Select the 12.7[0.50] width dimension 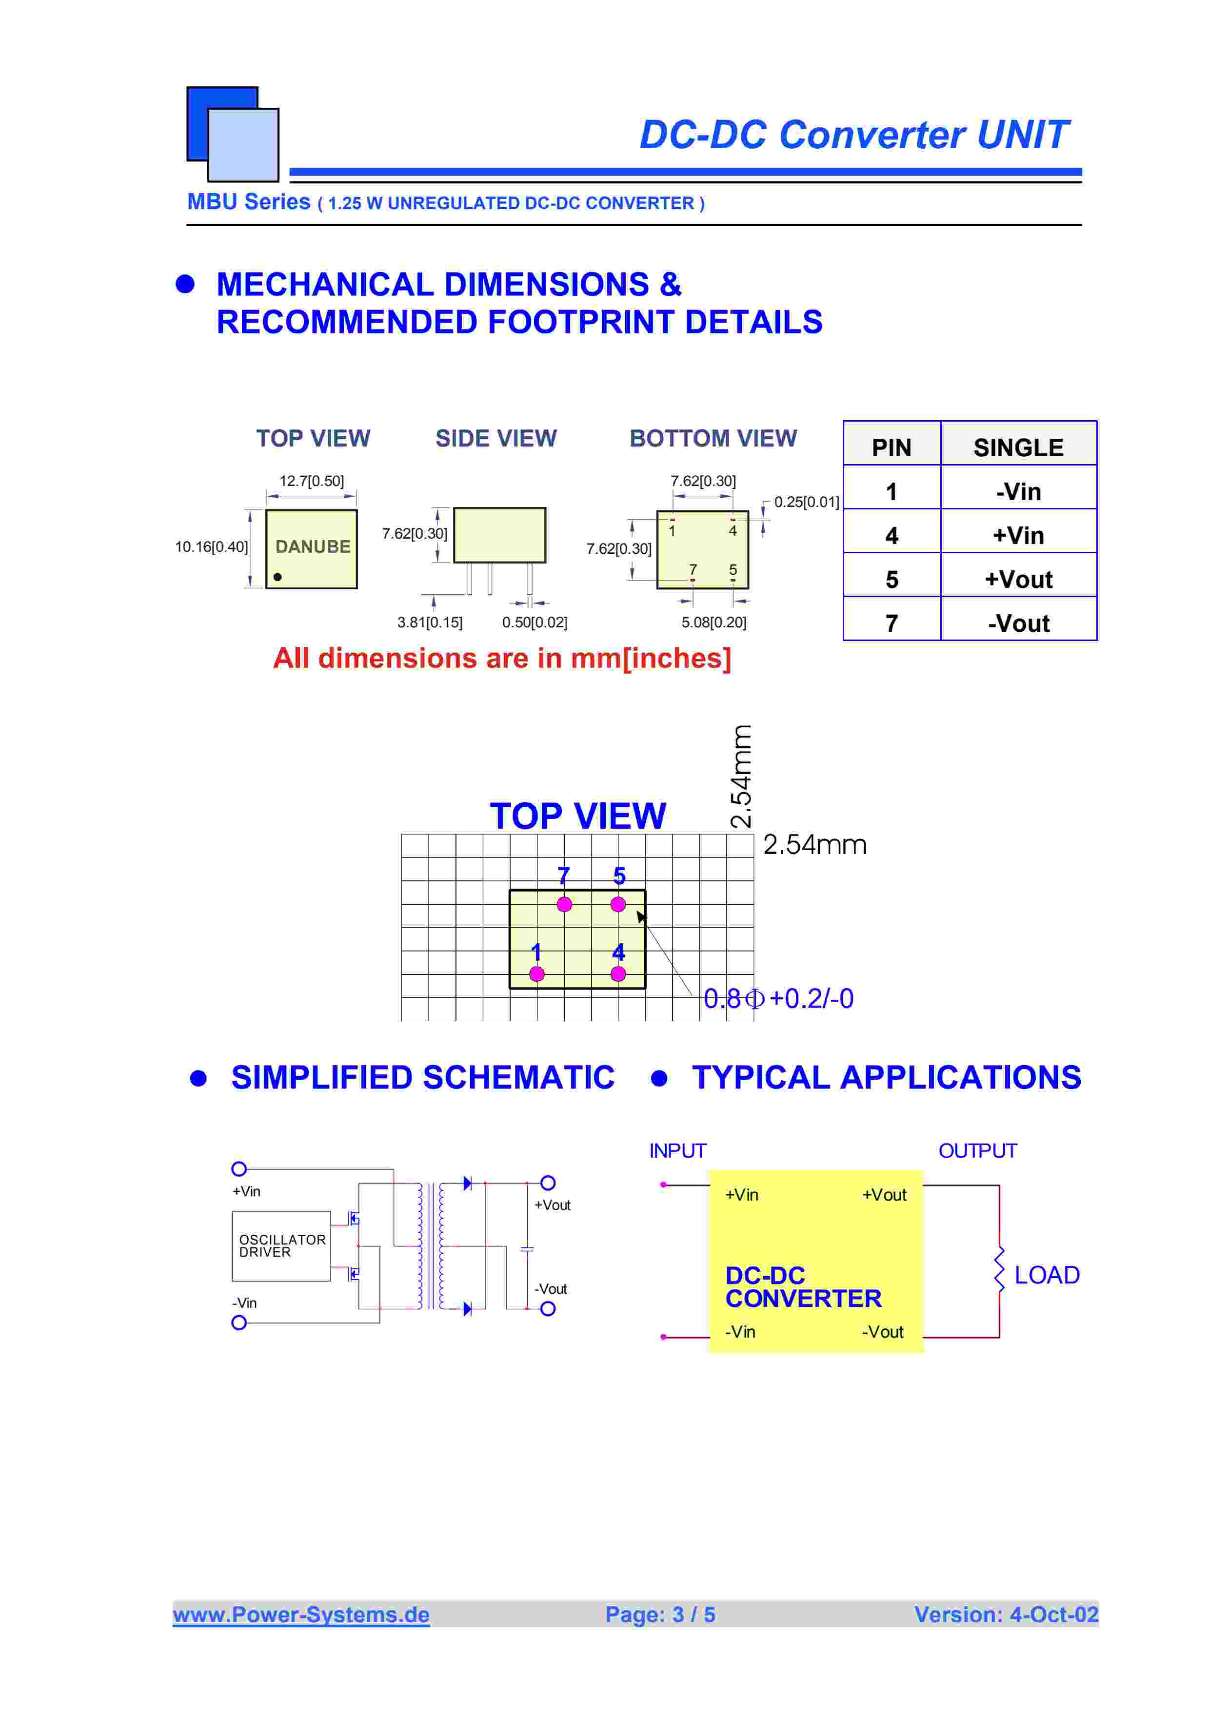pyautogui.click(x=311, y=481)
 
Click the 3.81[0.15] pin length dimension pyautogui.click(x=430, y=622)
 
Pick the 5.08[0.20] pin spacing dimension pyautogui.click(x=714, y=622)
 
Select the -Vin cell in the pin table pyautogui.click(x=1018, y=491)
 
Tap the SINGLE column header pyautogui.click(x=1018, y=447)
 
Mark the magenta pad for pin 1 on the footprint pyautogui.click(x=536, y=973)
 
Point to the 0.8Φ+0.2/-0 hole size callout pyautogui.click(x=778, y=999)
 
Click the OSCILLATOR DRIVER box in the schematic pyautogui.click(x=281, y=1246)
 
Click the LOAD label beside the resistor pyautogui.click(x=1047, y=1275)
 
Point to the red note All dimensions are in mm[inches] pyautogui.click(x=502, y=659)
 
